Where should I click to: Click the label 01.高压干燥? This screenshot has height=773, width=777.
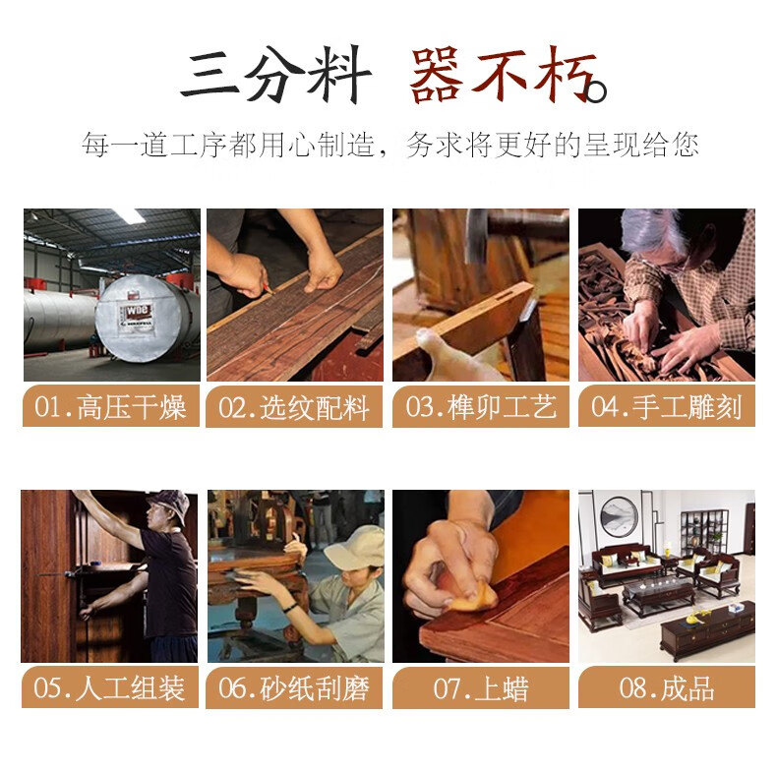(x=110, y=407)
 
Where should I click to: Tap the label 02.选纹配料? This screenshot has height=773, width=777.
(x=294, y=408)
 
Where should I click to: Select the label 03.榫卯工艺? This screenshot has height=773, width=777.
(x=481, y=407)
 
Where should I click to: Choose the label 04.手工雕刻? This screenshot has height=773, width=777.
(x=667, y=407)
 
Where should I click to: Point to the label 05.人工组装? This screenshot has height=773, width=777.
(x=109, y=688)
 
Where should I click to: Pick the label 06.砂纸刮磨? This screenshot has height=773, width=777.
(x=294, y=688)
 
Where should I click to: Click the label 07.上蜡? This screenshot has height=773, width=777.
(x=481, y=688)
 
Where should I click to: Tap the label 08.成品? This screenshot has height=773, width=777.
(x=667, y=688)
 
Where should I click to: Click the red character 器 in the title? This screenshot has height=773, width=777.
(x=436, y=75)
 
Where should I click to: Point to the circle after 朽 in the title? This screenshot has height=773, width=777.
(x=596, y=91)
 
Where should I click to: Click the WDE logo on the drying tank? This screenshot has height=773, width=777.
(x=138, y=313)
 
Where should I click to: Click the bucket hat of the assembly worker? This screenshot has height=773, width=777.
(x=168, y=504)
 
